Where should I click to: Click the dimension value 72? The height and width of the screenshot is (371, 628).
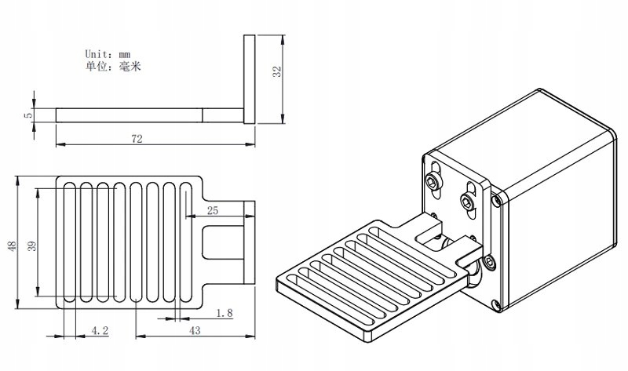(x=137, y=139)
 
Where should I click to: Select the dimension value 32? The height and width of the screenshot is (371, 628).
(x=277, y=71)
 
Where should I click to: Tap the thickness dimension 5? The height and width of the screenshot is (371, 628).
(x=27, y=115)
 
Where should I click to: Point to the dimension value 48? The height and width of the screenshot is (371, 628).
(x=13, y=246)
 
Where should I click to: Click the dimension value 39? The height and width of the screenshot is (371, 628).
(x=32, y=246)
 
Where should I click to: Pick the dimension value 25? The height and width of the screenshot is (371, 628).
(x=212, y=210)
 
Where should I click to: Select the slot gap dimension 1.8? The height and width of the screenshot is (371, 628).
(x=225, y=313)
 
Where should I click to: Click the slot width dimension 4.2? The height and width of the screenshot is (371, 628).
(x=100, y=330)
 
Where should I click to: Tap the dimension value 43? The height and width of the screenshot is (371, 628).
(x=195, y=330)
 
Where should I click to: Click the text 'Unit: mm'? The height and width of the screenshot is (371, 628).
(x=108, y=53)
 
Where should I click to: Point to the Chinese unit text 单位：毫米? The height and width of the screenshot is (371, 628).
(x=113, y=66)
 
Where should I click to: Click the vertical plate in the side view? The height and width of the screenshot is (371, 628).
(x=249, y=79)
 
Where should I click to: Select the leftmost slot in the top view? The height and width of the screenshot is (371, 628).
(x=70, y=242)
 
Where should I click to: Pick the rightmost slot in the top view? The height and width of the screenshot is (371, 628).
(x=186, y=242)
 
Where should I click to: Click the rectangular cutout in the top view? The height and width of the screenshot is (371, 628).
(x=223, y=242)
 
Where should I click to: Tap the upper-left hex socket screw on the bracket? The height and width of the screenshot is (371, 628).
(x=433, y=183)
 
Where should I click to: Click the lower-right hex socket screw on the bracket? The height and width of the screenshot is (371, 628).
(x=467, y=200)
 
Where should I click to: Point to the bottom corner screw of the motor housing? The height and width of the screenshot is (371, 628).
(x=497, y=306)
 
